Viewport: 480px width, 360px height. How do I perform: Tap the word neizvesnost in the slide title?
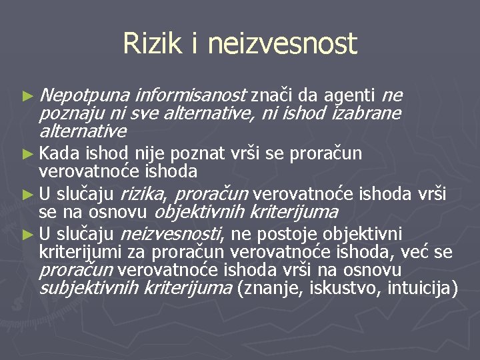283,44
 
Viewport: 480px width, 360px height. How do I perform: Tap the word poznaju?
66,113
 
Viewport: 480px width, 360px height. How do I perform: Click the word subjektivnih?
89,289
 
